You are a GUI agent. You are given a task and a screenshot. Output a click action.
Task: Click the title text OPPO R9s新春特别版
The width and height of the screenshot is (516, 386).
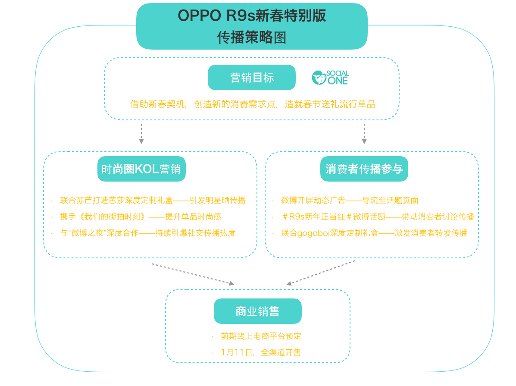[x=252, y=16]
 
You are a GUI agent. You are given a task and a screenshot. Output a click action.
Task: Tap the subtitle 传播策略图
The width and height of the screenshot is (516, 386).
[x=252, y=37]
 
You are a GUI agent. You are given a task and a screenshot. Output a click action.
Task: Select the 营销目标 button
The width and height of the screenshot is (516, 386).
[x=252, y=77]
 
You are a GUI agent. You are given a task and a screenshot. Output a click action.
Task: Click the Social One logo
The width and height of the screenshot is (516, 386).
[x=330, y=78]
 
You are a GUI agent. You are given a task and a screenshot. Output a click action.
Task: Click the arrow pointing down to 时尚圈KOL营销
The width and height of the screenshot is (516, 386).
[x=141, y=134]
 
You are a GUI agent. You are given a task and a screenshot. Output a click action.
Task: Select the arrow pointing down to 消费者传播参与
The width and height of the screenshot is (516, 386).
[x=364, y=134]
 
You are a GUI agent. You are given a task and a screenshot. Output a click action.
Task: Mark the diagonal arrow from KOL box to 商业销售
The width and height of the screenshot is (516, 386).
[x=193, y=274]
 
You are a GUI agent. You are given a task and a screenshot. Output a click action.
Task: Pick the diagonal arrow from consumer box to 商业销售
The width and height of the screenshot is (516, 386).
[x=321, y=273]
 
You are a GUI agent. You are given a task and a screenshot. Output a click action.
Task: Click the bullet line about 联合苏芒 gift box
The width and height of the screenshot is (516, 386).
[x=153, y=200]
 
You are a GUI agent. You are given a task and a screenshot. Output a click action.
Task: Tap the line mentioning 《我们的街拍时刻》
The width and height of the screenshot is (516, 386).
[x=141, y=217]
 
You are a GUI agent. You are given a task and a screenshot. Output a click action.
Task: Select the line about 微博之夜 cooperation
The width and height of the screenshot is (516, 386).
[x=148, y=233]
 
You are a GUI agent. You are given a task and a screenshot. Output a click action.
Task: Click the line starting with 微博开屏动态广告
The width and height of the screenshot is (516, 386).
[x=350, y=200]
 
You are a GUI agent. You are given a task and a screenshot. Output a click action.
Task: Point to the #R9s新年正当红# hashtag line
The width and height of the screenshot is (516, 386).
[x=378, y=217]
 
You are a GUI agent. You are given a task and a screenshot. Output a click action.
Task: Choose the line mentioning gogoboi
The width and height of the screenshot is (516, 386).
[x=374, y=233]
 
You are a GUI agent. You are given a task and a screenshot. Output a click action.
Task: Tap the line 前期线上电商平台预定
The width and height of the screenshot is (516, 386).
[x=261, y=336]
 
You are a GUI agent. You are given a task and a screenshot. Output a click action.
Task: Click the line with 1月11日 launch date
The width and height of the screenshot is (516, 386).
[x=261, y=352]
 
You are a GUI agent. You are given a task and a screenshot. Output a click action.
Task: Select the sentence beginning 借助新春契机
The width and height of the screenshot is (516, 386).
[x=253, y=104]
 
